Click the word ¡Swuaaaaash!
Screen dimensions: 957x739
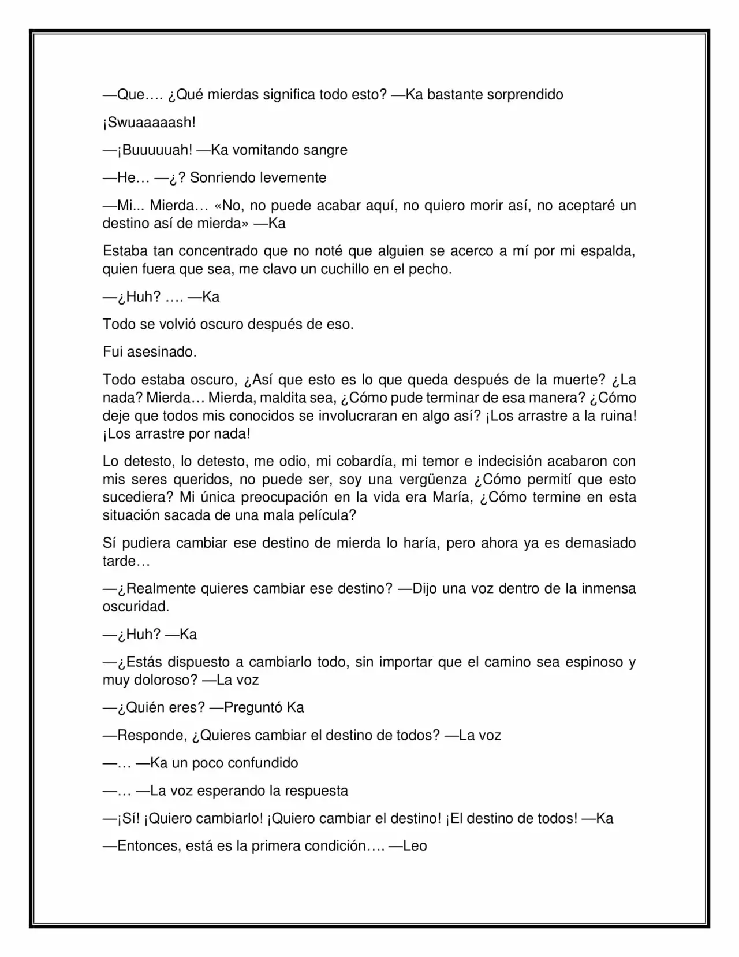pyautogui.click(x=149, y=123)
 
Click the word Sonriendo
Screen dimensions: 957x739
pyautogui.click(x=222, y=178)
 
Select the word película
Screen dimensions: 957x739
pyautogui.click(x=327, y=515)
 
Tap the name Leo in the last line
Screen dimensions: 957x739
pyautogui.click(x=415, y=846)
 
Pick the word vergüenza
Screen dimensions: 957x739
pyautogui.click(x=432, y=480)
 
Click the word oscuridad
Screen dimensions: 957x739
pyautogui.click(x=136, y=607)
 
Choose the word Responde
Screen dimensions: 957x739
pyautogui.click(x=152, y=736)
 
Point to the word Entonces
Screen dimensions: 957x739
pyautogui.click(x=151, y=846)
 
